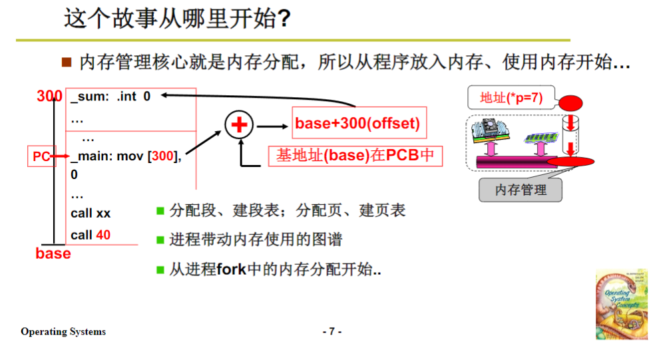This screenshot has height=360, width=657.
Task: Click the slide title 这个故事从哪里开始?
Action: (177, 19)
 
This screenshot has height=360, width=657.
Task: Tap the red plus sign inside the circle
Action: (239, 124)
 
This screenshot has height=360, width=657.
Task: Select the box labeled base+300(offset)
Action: (357, 124)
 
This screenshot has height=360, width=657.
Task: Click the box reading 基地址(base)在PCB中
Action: (355, 156)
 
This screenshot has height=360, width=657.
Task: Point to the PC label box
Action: (41, 156)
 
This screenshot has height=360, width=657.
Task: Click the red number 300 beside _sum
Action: (50, 96)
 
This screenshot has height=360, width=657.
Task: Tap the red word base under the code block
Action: (53, 254)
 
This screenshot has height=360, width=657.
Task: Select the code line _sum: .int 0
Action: (110, 96)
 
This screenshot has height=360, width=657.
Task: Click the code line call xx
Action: (91, 214)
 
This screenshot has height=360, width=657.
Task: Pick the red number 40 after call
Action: (103, 235)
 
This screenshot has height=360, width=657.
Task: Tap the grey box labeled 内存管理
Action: (521, 190)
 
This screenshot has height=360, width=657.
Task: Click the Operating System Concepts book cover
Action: (621, 304)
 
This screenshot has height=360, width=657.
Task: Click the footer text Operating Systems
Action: (63, 331)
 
